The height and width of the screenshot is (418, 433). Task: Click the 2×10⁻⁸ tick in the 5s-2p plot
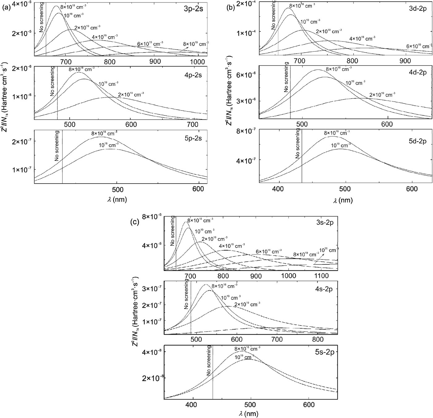[150, 378]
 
